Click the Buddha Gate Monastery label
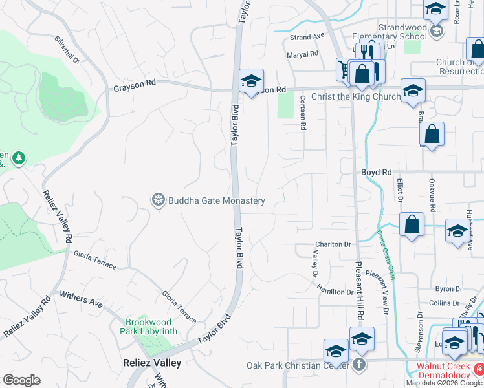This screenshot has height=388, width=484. coord(216,200)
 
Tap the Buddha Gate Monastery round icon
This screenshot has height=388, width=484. coord(158,200)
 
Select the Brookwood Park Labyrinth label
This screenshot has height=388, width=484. coord(151,327)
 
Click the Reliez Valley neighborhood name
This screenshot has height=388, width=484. coord(152,363)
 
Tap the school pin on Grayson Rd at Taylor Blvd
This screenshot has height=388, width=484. coord(251,81)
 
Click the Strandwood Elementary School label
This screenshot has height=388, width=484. coord(390,32)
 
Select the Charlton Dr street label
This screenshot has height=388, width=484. coord(333,244)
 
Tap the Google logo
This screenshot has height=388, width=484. coord(21,380)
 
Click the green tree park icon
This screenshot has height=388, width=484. coord(19,158)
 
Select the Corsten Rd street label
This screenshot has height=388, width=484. coord(302,113)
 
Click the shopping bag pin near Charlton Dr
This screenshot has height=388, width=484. coord(412,225)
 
